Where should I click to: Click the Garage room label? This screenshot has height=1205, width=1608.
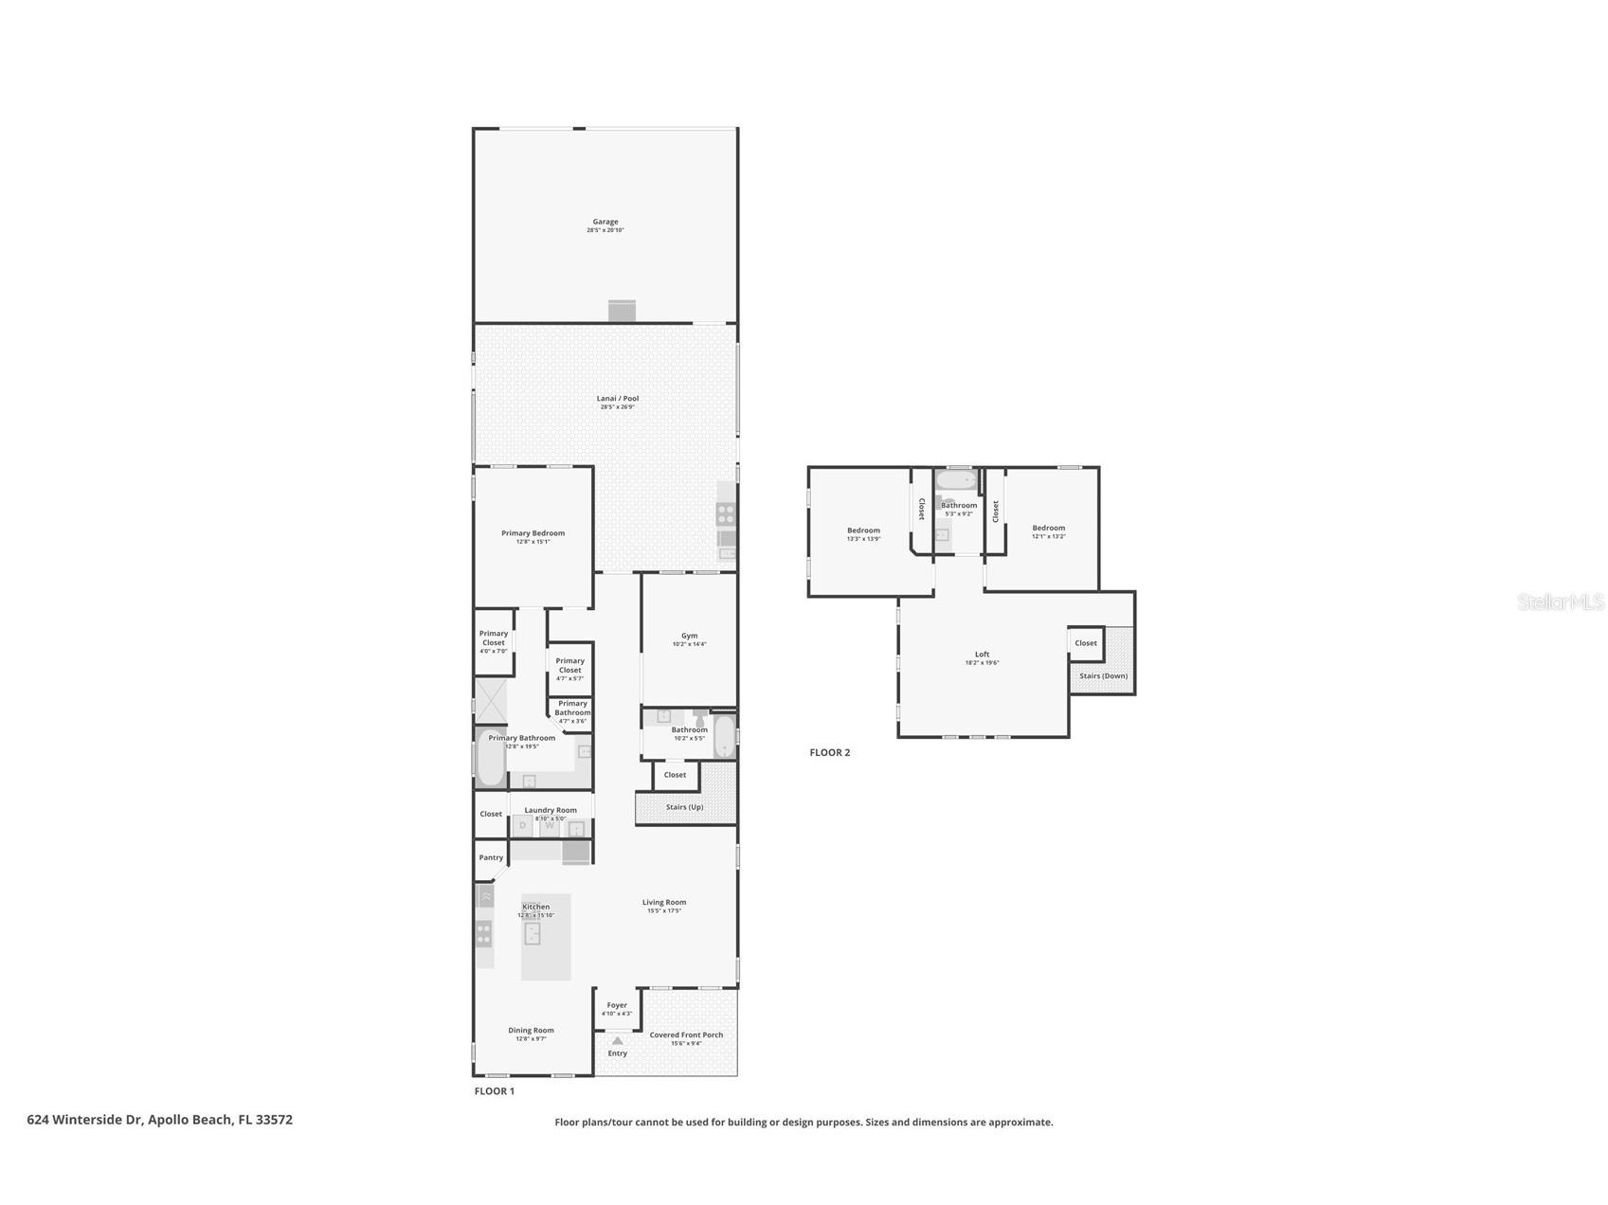pyautogui.click(x=605, y=223)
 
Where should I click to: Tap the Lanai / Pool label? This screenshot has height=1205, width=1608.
pyautogui.click(x=617, y=399)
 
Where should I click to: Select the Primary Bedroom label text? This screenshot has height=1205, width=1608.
pyautogui.click(x=533, y=533)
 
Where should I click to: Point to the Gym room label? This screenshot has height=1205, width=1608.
pyautogui.click(x=689, y=637)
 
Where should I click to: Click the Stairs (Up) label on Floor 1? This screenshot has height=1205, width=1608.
pyautogui.click(x=684, y=807)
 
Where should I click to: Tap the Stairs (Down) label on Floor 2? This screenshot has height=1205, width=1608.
pyautogui.click(x=1103, y=675)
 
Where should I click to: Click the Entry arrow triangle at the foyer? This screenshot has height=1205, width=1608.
pyautogui.click(x=617, y=1040)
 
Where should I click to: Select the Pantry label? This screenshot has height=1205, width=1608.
pyautogui.click(x=491, y=858)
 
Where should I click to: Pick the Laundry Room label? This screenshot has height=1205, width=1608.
pyautogui.click(x=551, y=810)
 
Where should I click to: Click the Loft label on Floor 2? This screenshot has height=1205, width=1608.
pyautogui.click(x=982, y=655)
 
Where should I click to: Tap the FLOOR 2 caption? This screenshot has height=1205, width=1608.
pyautogui.click(x=829, y=753)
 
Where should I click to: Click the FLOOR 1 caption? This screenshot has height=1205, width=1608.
pyautogui.click(x=494, y=1091)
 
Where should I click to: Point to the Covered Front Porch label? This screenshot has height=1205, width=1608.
pyautogui.click(x=686, y=1035)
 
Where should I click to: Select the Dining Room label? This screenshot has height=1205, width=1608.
pyautogui.click(x=531, y=1031)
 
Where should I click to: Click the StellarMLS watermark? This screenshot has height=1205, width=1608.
pyautogui.click(x=1560, y=602)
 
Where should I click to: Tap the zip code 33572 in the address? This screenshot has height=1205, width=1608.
pyautogui.click(x=274, y=1120)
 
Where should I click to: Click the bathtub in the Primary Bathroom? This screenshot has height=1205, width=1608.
pyautogui.click(x=490, y=759)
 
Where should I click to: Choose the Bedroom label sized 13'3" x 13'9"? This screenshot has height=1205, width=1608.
pyautogui.click(x=863, y=531)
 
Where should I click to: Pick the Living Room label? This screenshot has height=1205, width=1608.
pyautogui.click(x=663, y=903)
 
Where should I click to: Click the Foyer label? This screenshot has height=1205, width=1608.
pyautogui.click(x=617, y=1006)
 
